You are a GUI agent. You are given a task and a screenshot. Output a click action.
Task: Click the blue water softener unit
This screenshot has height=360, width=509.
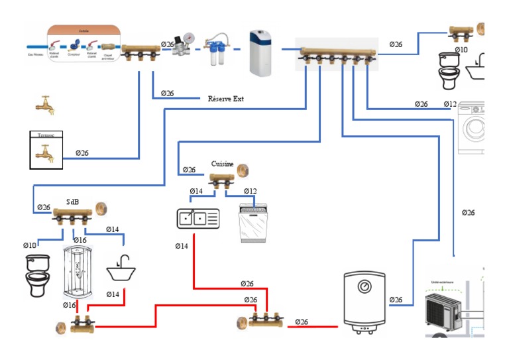[260, 52]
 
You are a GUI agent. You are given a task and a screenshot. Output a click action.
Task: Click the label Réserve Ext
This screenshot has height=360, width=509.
[226, 99]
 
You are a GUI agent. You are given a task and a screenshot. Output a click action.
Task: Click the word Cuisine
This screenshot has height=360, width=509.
[222, 163]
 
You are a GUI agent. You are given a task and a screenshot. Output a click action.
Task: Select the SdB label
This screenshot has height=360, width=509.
[74, 202]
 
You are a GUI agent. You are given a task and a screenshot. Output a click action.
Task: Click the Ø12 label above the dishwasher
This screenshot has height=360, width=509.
[250, 192]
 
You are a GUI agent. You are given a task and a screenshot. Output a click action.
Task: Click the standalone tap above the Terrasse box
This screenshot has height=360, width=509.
[44, 105]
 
